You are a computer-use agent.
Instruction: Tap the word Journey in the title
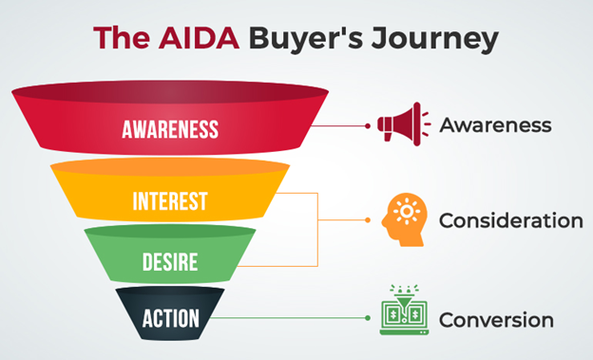[x=437, y=41]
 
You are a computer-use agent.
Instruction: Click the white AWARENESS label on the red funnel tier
[x=170, y=129]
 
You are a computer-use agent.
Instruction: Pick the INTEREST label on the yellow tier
[x=170, y=201]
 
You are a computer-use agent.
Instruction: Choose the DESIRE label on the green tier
[x=170, y=258]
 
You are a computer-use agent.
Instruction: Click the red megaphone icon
[x=398, y=124]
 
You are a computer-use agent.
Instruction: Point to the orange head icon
[x=403, y=219]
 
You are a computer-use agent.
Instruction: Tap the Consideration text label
[x=510, y=220]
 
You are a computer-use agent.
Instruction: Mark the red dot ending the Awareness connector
[x=368, y=124]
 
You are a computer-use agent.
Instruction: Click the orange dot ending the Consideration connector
[x=368, y=220]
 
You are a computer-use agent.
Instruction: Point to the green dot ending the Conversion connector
[x=368, y=319]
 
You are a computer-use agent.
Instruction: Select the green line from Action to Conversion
[x=295, y=319]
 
